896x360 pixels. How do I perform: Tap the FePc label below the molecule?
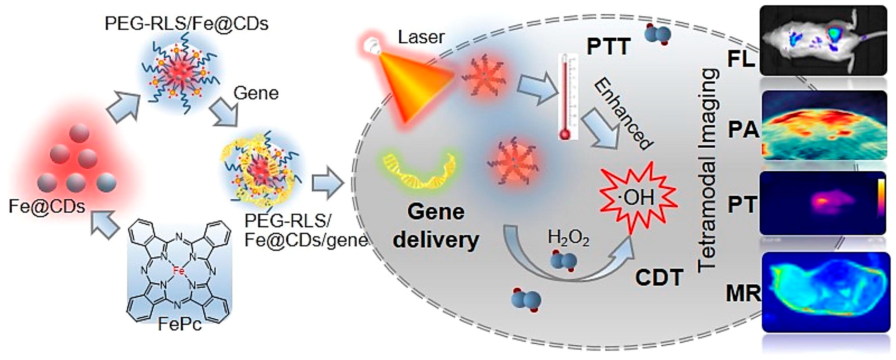coord(180,324)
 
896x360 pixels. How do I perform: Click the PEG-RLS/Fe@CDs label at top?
coord(186,24)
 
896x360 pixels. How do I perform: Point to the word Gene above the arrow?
coord(256,93)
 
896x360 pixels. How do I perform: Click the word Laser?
coord(421,37)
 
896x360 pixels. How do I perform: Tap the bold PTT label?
coord(608,46)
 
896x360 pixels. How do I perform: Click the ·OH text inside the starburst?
coord(637,198)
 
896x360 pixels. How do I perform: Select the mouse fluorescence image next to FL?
coord(823,40)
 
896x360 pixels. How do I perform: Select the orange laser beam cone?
coord(414,83)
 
